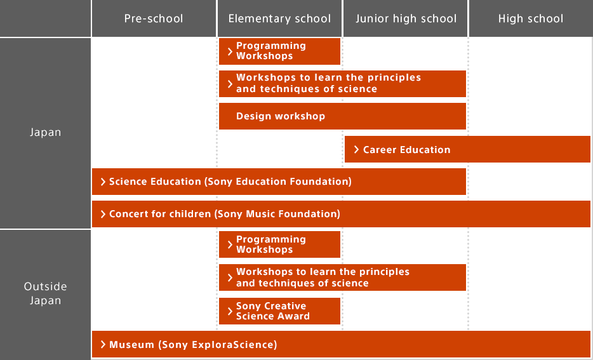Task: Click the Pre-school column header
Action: point(154,18)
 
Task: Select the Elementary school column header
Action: point(279,18)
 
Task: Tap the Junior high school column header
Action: point(406,18)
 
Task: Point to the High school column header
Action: point(530,18)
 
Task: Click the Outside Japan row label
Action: point(46,293)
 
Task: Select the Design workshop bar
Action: point(342,116)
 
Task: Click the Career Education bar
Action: point(467,150)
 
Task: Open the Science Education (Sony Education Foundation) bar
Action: point(279,182)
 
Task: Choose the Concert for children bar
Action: point(342,215)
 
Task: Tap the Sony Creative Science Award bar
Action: point(279,311)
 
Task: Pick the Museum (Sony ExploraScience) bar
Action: point(342,345)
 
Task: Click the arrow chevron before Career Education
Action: point(357,150)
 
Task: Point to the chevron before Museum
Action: point(103,345)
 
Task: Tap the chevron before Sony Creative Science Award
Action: point(230,311)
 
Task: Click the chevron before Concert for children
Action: point(103,215)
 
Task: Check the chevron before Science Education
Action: point(103,182)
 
